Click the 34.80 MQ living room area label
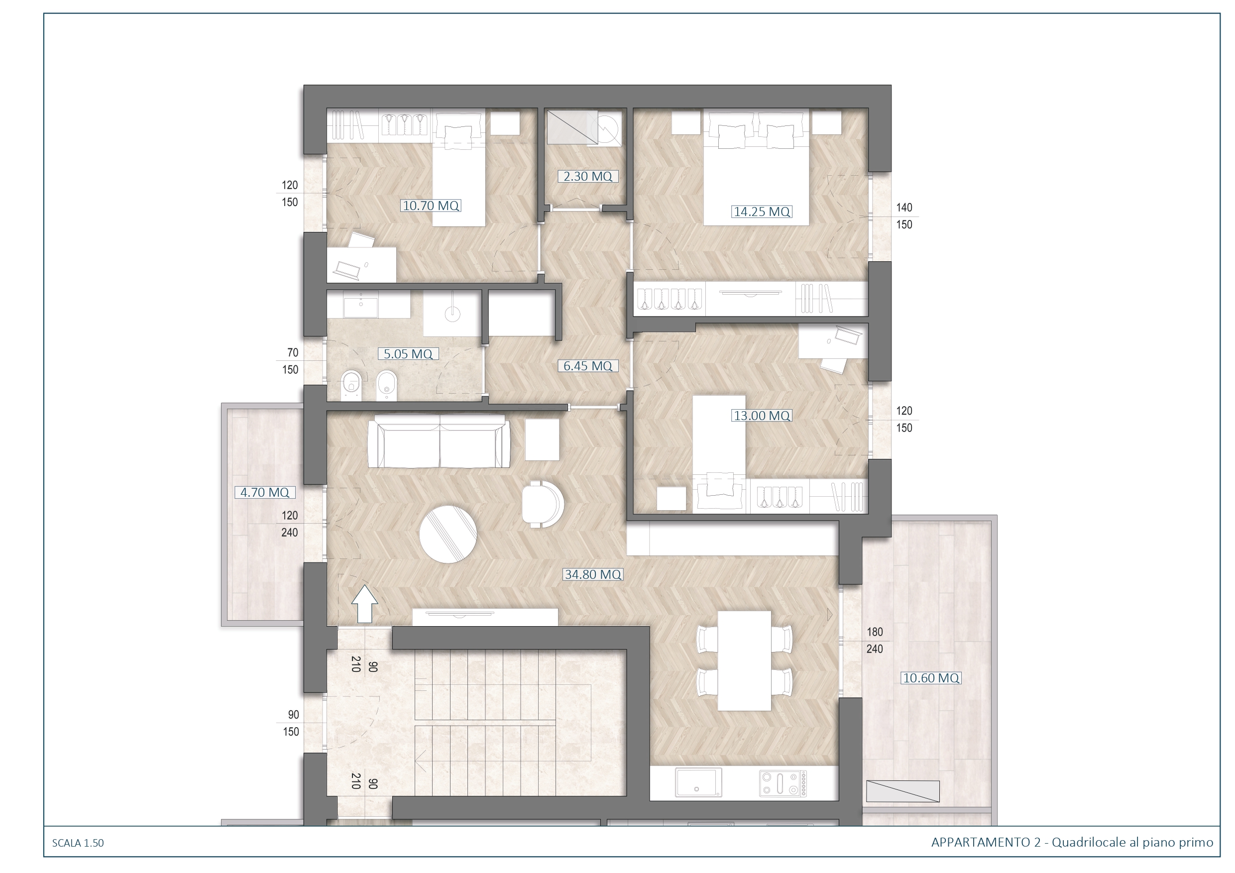[593, 574]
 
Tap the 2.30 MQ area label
[587, 176]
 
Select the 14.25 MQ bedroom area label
[762, 212]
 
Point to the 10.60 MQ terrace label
[931, 678]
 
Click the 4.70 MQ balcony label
[265, 492]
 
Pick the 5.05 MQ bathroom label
[408, 354]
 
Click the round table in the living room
[448, 534]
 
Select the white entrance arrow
[365, 605]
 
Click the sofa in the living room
[439, 441]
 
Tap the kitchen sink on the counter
[699, 782]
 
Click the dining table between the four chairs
[745, 661]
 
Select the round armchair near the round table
[543, 504]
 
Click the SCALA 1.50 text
[78, 843]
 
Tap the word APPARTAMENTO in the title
[981, 842]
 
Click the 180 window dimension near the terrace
[875, 632]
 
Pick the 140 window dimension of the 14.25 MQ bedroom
[904, 208]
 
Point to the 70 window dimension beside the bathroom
[293, 353]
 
